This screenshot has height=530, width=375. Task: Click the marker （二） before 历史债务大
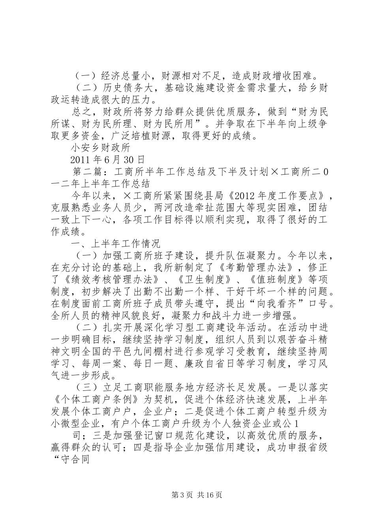84,87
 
